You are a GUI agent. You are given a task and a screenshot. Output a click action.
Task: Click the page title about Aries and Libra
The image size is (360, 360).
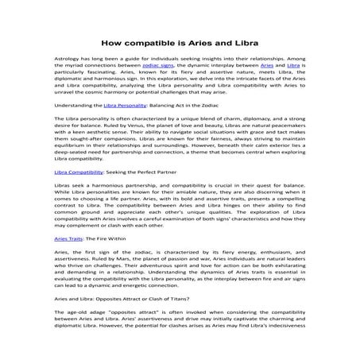180,41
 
